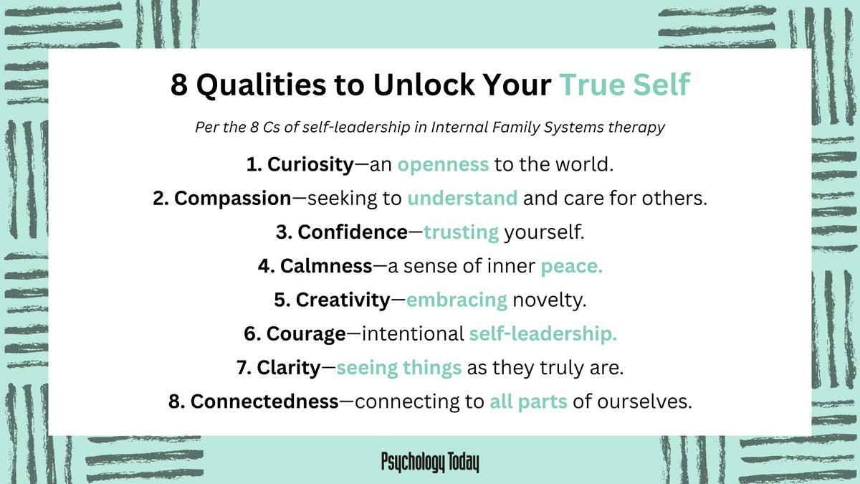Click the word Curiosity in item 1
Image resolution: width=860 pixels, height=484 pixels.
310,165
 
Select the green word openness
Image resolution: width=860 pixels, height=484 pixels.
443,165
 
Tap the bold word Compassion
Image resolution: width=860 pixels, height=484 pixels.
231,199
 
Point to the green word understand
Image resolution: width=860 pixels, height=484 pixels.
462,199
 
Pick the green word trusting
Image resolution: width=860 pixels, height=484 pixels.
461,233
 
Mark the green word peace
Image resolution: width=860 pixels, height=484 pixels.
572,267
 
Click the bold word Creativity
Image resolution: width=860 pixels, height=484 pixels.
342,300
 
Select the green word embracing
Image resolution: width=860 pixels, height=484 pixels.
457,300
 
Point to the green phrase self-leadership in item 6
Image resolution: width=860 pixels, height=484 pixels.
543,334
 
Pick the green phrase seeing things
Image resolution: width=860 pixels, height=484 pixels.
398,369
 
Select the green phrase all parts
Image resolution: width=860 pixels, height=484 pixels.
529,402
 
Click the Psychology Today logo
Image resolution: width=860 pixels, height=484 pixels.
430,462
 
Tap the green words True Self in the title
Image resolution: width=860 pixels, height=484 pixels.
623,85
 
